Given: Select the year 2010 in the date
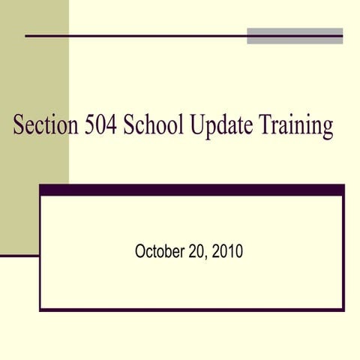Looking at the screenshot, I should pos(227,252).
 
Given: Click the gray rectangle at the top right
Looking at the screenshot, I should pos(295,36).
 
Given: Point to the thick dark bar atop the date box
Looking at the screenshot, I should pos(192,190).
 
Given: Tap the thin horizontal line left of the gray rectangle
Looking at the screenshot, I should pos(135,35).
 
